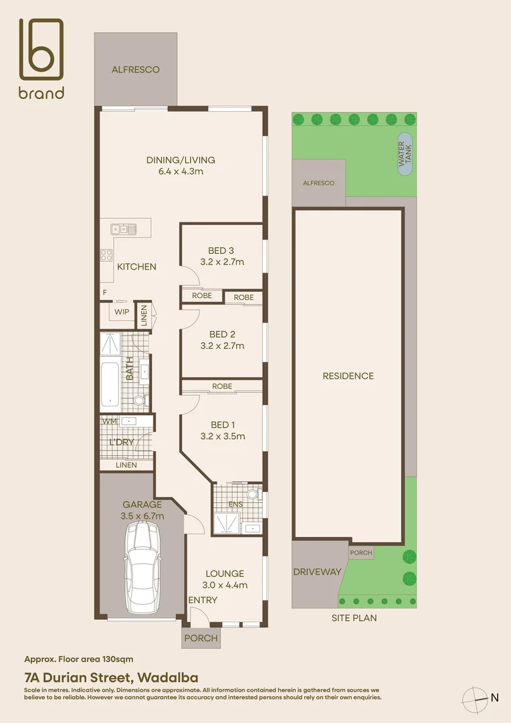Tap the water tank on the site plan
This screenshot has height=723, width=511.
(x=405, y=155)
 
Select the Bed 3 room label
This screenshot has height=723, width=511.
(x=222, y=251)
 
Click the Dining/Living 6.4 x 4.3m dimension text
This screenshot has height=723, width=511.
(x=181, y=171)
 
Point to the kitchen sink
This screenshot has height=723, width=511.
(x=124, y=229)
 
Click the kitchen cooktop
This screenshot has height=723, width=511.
(x=106, y=254)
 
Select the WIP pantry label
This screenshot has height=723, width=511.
(x=122, y=312)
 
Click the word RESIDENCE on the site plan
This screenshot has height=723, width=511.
(x=348, y=376)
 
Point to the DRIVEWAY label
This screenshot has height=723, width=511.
(x=317, y=572)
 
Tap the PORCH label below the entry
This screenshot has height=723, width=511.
(x=201, y=638)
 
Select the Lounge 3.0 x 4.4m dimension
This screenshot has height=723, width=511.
(x=225, y=584)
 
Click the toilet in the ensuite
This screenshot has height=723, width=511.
(x=252, y=495)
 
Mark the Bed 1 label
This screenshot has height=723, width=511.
(x=222, y=424)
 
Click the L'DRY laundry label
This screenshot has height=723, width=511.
(x=122, y=443)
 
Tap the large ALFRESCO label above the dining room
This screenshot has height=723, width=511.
(x=135, y=69)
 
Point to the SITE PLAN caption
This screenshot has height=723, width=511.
(x=354, y=618)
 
